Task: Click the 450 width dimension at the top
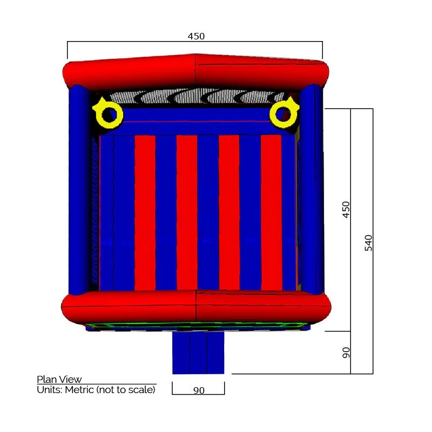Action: click(196, 36)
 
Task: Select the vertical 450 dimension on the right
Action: click(346, 210)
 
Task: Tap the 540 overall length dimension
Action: click(369, 242)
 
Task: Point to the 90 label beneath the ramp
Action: click(199, 390)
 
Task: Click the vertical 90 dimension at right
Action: click(346, 353)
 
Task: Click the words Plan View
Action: click(59, 379)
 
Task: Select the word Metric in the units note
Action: click(79, 389)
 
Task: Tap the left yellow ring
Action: click(109, 114)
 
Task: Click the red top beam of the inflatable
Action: click(195, 73)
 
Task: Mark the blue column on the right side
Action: click(312, 189)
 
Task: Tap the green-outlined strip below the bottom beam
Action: click(195, 326)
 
